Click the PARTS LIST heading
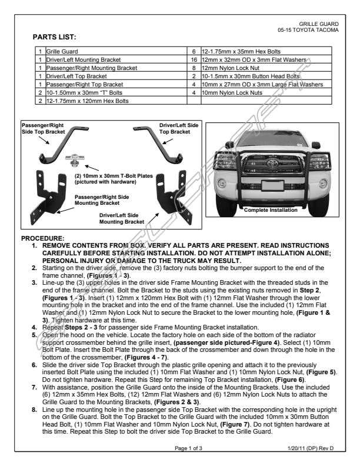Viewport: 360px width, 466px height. pyautogui.click(x=54, y=37)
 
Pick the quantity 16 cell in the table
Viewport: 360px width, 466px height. pyautogui.click(x=193, y=60)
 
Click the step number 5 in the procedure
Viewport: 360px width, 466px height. pyautogui.click(x=35, y=334)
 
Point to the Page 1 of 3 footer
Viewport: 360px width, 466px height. pyautogui.click(x=188, y=448)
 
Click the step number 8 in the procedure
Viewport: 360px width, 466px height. pyautogui.click(x=35, y=408)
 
